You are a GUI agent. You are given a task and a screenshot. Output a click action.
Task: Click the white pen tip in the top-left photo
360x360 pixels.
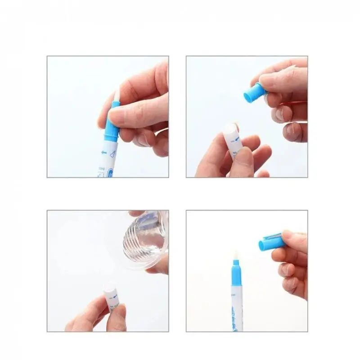point(117,95)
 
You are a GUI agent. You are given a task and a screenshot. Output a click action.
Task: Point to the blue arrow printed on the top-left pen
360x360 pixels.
point(104,153)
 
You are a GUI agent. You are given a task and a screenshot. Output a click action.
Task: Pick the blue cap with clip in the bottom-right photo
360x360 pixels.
point(271,242)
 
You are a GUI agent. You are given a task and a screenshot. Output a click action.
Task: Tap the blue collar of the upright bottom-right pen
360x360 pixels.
point(236,279)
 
